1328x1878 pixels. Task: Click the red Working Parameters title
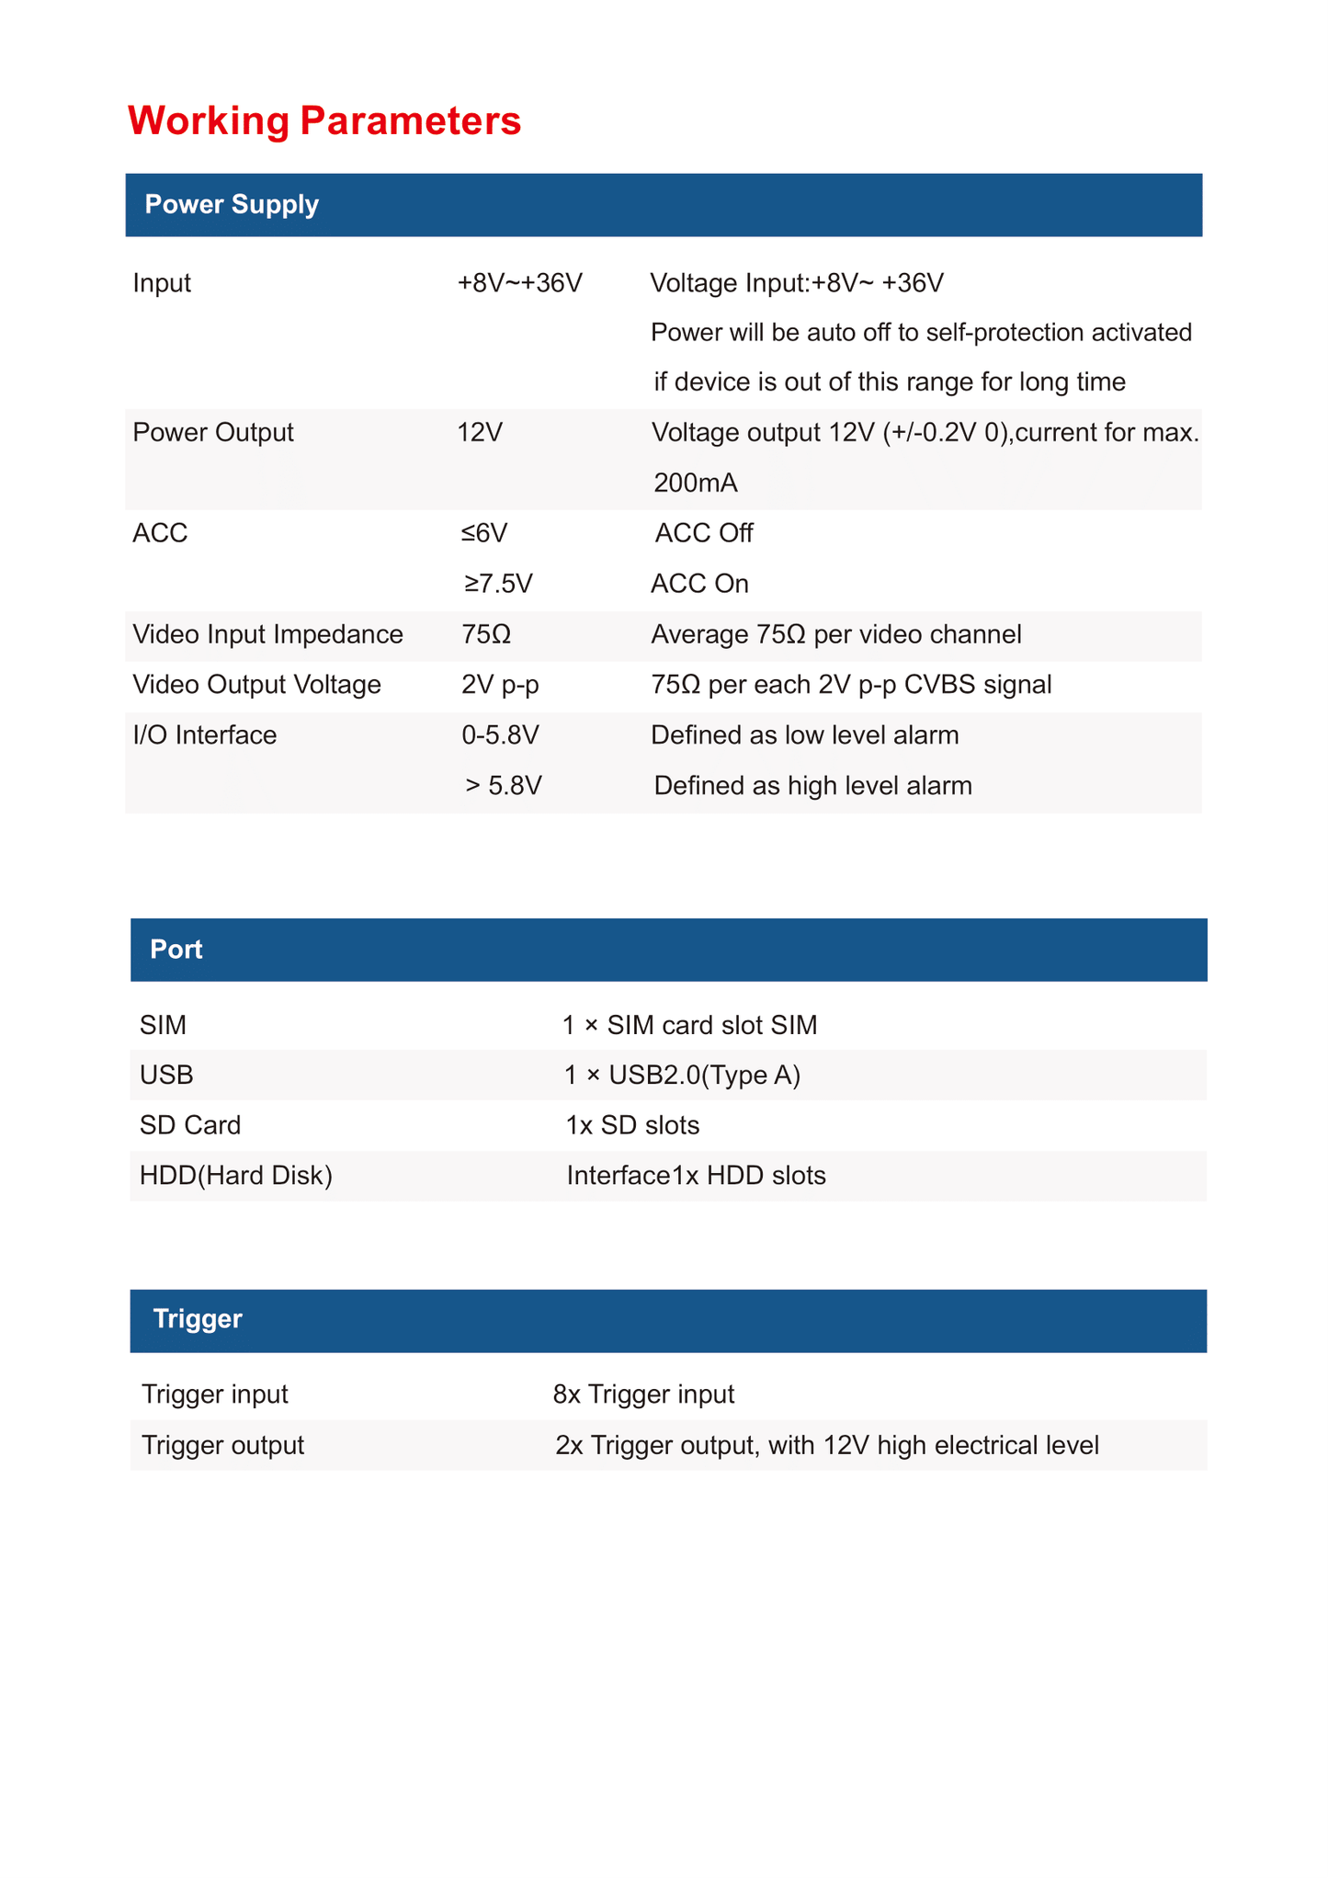[323, 120]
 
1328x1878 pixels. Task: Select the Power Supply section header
[232, 204]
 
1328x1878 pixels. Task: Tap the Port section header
[176, 949]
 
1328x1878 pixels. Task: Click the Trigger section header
[198, 1318]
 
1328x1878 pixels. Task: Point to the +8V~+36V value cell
[520, 282]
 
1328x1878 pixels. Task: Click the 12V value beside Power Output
[480, 432]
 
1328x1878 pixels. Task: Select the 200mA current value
[696, 483]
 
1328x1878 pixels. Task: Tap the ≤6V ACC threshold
[484, 533]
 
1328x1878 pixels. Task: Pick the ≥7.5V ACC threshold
[498, 584]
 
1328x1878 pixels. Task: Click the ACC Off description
[704, 533]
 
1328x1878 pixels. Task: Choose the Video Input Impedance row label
[267, 634]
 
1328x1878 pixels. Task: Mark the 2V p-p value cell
[500, 685]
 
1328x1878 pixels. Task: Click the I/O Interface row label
[204, 735]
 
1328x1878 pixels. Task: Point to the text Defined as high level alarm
[812, 786]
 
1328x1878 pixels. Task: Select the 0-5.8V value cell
[500, 735]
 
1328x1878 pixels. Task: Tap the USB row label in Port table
[166, 1075]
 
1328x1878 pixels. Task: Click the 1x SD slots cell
[632, 1125]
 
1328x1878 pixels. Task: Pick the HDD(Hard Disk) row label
[235, 1176]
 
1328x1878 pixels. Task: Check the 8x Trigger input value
[643, 1394]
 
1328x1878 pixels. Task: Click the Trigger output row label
[222, 1445]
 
